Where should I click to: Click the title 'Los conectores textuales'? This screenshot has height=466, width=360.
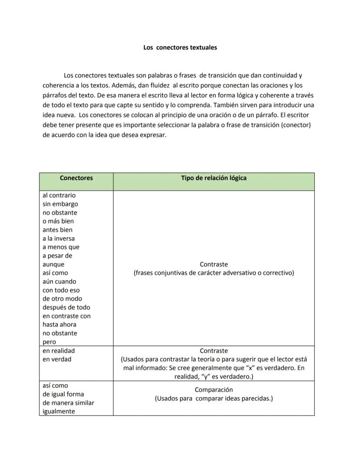pyautogui.click(x=180, y=47)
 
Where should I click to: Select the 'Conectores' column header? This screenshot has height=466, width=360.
pyautogui.click(x=76, y=178)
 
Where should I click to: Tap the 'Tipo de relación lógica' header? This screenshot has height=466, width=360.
pyautogui.click(x=213, y=178)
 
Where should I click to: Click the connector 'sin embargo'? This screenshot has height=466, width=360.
pyautogui.click(x=60, y=204)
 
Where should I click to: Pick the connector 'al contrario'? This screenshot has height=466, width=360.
pyautogui.click(x=59, y=195)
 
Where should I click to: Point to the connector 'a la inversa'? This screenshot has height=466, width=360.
pyautogui.click(x=58, y=238)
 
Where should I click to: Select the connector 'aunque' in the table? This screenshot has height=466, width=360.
pyautogui.click(x=53, y=265)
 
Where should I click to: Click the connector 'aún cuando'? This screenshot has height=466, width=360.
pyautogui.click(x=59, y=282)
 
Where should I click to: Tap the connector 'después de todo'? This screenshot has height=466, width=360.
pyautogui.click(x=66, y=308)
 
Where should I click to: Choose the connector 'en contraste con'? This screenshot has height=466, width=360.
pyautogui.click(x=67, y=316)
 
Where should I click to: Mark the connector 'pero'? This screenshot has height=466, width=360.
pyautogui.click(x=49, y=342)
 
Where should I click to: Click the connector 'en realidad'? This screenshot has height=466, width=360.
pyautogui.click(x=58, y=351)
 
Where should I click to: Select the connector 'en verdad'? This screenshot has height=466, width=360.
pyautogui.click(x=57, y=359)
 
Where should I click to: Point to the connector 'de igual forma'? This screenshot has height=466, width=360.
pyautogui.click(x=63, y=394)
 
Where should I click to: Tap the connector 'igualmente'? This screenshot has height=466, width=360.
pyautogui.click(x=58, y=412)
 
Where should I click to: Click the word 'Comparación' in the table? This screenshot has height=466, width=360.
pyautogui.click(x=213, y=390)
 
